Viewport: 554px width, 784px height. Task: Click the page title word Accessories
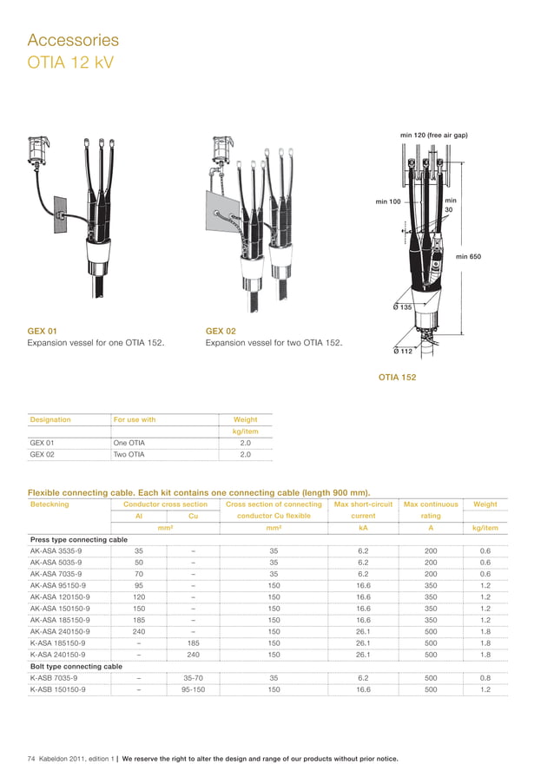(73, 41)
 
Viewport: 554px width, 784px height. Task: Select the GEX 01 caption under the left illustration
(43, 331)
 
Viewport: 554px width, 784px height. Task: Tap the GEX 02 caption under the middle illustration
(221, 331)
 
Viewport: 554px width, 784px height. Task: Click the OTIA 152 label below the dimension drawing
(398, 378)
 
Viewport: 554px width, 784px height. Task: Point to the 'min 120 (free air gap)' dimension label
(433, 135)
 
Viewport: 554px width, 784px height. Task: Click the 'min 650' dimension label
(468, 257)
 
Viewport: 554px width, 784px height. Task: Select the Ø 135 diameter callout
(402, 307)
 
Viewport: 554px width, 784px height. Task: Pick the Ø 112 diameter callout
(402, 351)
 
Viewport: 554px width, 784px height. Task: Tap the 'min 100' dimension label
(387, 202)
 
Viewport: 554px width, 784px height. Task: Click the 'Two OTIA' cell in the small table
(129, 454)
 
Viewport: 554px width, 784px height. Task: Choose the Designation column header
(50, 419)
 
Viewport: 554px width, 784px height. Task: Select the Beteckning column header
(49, 504)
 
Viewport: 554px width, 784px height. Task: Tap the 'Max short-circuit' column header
(363, 504)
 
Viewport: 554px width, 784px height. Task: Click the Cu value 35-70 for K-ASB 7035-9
(193, 677)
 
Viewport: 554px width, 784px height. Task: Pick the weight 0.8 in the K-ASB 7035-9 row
(485, 677)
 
